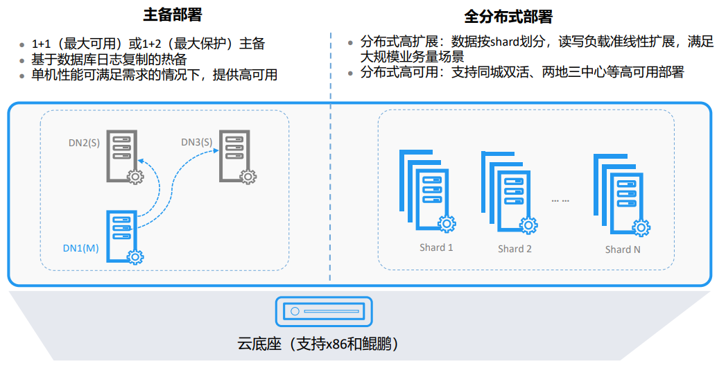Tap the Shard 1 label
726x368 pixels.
436,247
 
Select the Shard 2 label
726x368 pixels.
515,249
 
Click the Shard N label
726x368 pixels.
623,249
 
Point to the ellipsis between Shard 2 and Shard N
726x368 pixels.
560,200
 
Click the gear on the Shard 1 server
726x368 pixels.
448,224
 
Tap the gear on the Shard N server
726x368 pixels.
642,227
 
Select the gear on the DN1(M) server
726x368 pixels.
135,257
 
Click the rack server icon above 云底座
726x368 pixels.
324,312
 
